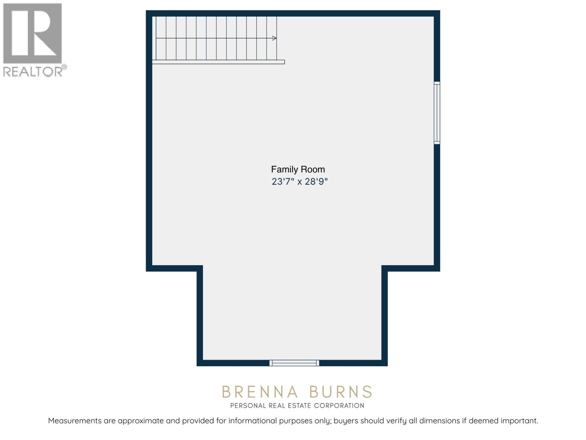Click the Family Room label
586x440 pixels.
pos(298,169)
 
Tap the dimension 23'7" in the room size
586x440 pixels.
pos(283,181)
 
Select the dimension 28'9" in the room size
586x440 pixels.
pos(316,181)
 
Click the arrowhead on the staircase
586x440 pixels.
pos(274,38)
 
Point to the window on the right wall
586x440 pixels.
pos(437,112)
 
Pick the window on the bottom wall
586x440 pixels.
pos(294,363)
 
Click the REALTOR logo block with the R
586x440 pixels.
pos(32,33)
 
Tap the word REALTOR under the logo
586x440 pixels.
pos(32,71)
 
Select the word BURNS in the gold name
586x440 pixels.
pos(341,392)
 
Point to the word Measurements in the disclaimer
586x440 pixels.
pos(75,421)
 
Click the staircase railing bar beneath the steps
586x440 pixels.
pos(218,62)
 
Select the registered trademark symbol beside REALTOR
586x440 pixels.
pos(64,67)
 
